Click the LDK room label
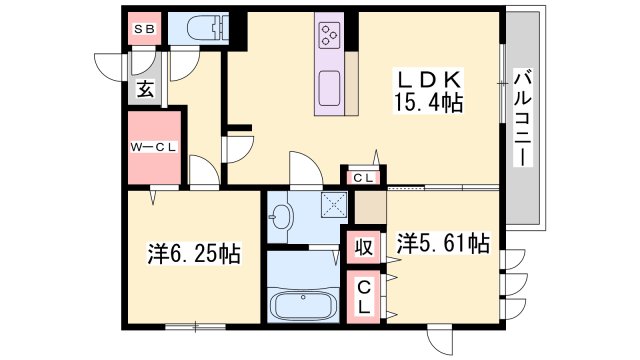[428, 80]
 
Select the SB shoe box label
[144, 29]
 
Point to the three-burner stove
[329, 35]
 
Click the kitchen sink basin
[329, 88]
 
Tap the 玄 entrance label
[145, 89]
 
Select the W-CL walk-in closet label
[153, 147]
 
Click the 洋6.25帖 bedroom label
[194, 253]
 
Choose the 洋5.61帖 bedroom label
[443, 243]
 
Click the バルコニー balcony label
[523, 119]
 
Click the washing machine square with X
[333, 204]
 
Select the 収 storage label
[363, 247]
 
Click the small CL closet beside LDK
[363, 178]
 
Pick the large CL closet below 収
[363, 298]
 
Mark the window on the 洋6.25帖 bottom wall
[196, 327]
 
